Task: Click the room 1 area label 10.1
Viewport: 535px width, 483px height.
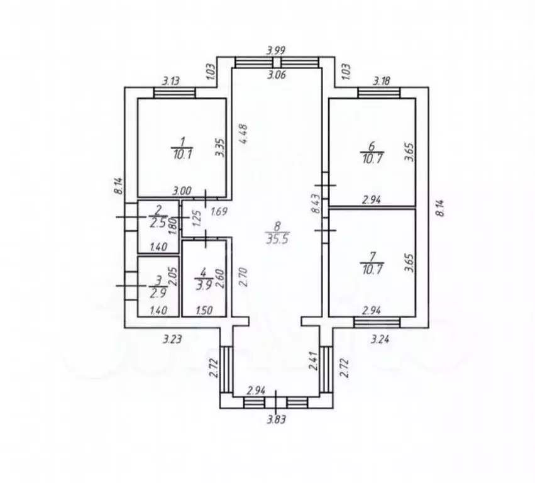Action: coord(182,155)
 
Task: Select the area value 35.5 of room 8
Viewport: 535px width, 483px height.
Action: coord(277,238)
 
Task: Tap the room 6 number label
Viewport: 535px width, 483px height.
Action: coord(372,146)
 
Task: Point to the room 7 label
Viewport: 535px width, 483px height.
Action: coord(372,256)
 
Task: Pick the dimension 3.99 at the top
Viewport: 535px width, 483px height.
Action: coord(276,50)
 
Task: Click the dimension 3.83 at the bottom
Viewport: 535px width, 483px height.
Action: coord(277,419)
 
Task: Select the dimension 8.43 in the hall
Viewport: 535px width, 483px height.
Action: coord(316,204)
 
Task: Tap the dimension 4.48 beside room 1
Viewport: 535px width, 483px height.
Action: coord(244,133)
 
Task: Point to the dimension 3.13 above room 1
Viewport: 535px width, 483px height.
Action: coord(171,81)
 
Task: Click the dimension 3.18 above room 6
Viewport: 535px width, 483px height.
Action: coord(382,81)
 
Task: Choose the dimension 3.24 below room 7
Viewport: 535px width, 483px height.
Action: coord(380,339)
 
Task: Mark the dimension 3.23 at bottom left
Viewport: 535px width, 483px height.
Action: coord(172,339)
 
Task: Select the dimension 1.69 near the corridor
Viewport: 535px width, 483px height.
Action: coord(219,212)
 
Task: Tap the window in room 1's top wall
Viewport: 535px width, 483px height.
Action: coord(174,93)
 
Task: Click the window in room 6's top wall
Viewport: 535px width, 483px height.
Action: coord(378,93)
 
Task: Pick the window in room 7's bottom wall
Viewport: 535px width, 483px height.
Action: coord(377,322)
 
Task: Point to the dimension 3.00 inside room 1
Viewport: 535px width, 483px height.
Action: coord(182,191)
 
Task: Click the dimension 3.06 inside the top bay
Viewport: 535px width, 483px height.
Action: coord(277,74)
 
